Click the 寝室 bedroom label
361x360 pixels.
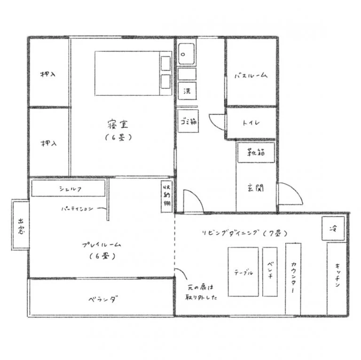(x=118, y=125)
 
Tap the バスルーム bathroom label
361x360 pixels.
(x=251, y=76)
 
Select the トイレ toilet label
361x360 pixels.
(x=251, y=123)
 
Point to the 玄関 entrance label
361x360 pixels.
(x=256, y=188)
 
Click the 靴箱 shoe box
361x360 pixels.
(x=256, y=152)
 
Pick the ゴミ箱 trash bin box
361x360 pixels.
(x=188, y=121)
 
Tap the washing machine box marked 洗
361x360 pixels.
(x=187, y=91)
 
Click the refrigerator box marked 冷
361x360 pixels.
(x=333, y=228)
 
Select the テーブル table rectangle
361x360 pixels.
(x=243, y=272)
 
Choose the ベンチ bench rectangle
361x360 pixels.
(x=270, y=272)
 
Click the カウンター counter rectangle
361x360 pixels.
(x=293, y=279)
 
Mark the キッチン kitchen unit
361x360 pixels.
(x=337, y=279)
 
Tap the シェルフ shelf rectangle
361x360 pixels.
(x=68, y=188)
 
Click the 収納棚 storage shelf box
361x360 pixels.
(x=167, y=197)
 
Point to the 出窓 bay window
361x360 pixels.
(x=21, y=225)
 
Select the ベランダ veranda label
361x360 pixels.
(x=103, y=299)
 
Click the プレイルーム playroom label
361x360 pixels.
(x=102, y=245)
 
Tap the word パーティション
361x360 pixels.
(x=78, y=209)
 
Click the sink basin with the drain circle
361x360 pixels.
(x=186, y=54)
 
